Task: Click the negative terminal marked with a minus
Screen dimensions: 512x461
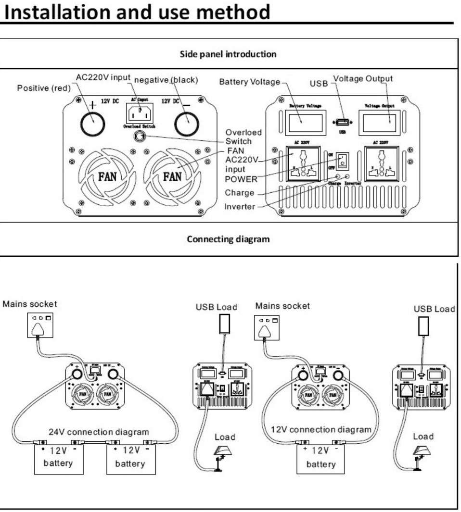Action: (187, 125)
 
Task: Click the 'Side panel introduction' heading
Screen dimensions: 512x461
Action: (228, 54)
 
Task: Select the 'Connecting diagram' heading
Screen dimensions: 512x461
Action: (228, 239)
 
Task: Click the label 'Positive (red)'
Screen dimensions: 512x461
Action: (44, 88)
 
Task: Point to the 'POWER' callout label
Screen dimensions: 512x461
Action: (241, 179)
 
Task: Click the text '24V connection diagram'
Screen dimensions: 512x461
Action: (99, 431)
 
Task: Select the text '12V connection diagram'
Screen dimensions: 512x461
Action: (321, 429)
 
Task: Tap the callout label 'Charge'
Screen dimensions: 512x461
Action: (240, 193)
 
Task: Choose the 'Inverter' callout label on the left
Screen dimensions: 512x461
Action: (240, 207)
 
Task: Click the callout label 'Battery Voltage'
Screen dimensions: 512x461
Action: (249, 82)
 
